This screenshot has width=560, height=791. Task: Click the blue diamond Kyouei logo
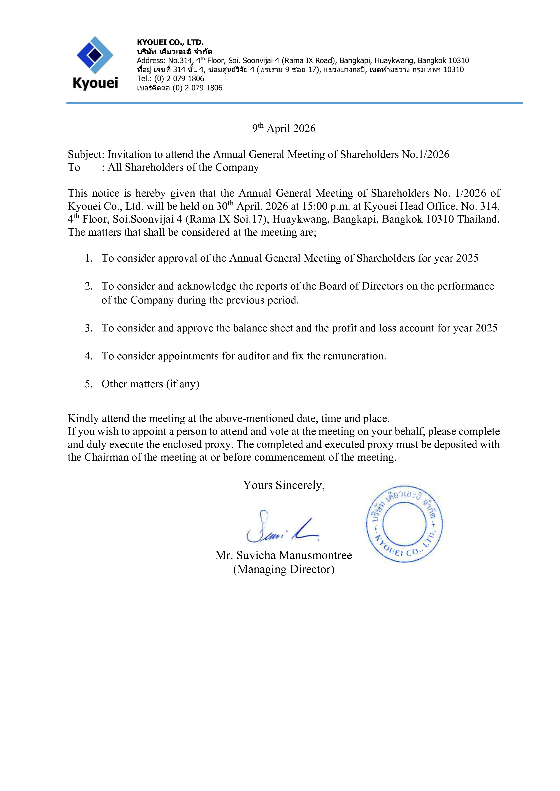coord(95,55)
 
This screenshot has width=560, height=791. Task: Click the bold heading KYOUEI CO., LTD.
coord(170,42)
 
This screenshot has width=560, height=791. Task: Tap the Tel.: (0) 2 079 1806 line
coord(170,78)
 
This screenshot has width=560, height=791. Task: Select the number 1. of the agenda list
coord(89,258)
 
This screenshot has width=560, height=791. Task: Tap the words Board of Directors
coord(361,286)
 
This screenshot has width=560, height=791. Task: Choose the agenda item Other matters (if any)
coord(150,384)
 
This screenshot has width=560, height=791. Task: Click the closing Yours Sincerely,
coord(283,485)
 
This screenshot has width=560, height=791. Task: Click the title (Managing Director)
coord(283,569)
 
